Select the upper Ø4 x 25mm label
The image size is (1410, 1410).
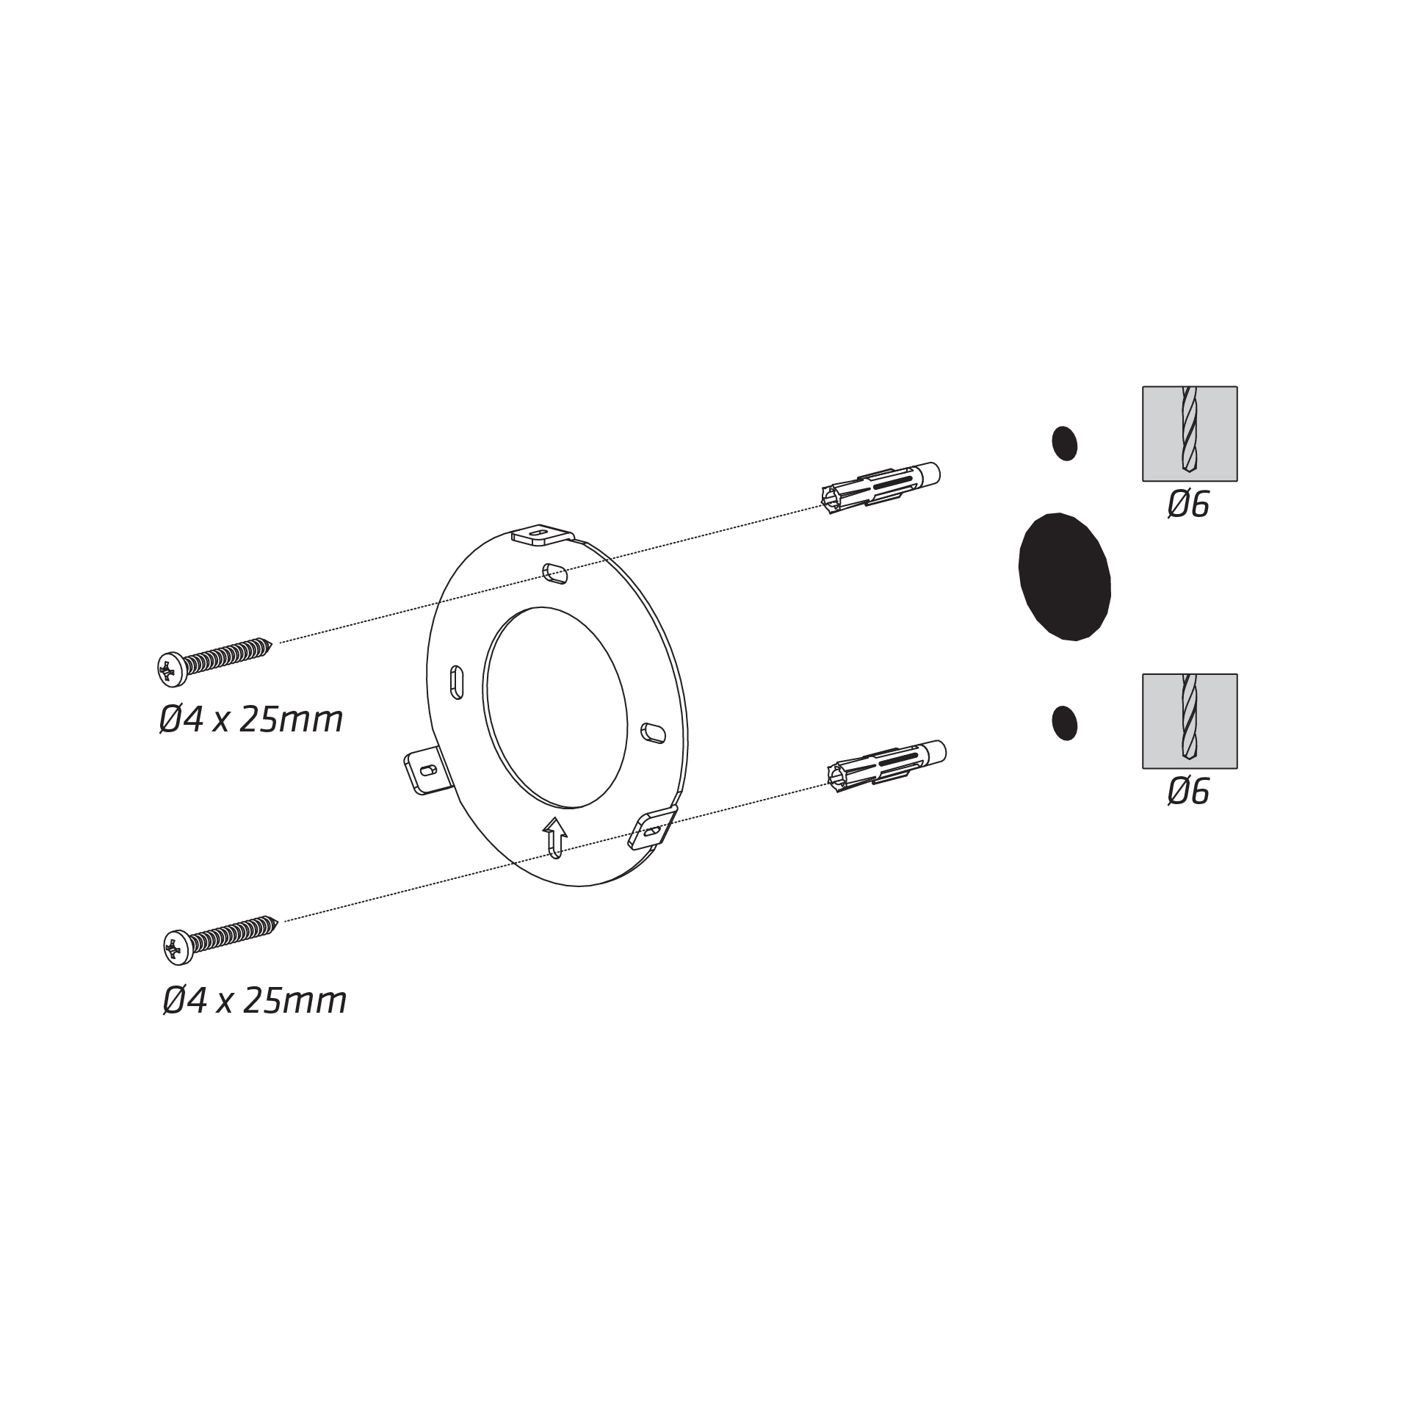[251, 720]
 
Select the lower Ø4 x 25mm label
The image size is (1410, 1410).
[254, 1000]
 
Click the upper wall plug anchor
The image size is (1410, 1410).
[881, 485]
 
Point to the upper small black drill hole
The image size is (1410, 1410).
[1065, 443]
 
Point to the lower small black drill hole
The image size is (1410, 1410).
[1065, 723]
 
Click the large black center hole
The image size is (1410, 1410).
[1064, 576]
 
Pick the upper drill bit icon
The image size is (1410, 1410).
[1190, 434]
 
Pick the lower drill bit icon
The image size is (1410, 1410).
[1190, 721]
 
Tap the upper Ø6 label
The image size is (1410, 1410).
[1188, 505]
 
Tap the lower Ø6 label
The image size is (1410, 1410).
[1188, 792]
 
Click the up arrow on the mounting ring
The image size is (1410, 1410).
[555, 836]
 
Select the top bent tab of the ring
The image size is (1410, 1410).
[543, 535]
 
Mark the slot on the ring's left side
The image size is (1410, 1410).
[456, 682]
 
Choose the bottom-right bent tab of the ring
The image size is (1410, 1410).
[653, 828]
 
